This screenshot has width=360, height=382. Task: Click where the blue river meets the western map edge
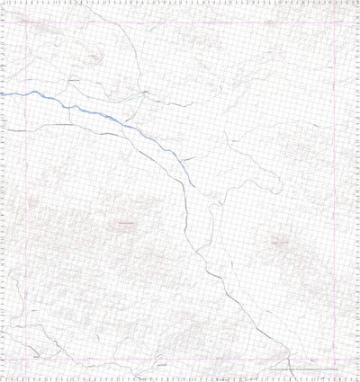tap(2, 93)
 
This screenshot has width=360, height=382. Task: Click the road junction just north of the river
tap(144, 91)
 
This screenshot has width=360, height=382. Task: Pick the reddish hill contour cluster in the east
tap(279, 241)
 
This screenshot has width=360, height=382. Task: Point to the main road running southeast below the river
tap(193, 243)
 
